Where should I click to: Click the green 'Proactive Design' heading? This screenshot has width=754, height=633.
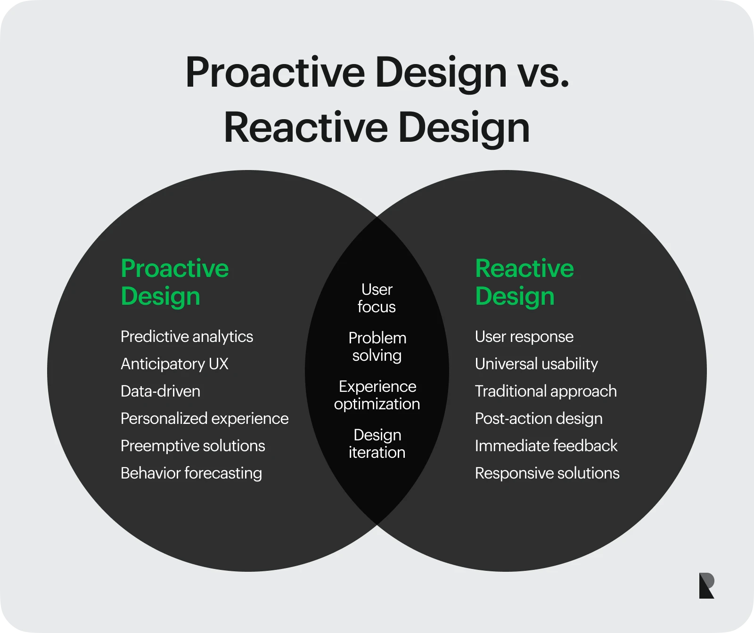click(x=175, y=283)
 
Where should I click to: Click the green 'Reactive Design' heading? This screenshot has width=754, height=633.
click(x=525, y=283)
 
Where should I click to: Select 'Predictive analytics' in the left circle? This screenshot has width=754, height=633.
click(x=187, y=337)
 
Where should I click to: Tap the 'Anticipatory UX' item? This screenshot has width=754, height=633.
click(x=174, y=364)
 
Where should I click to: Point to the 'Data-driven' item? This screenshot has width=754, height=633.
click(x=160, y=391)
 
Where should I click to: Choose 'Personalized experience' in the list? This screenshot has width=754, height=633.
click(x=205, y=419)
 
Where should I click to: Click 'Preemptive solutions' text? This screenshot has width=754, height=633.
click(x=193, y=446)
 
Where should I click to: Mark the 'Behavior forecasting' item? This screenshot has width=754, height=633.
click(x=191, y=473)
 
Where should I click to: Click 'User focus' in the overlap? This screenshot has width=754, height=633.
click(x=377, y=298)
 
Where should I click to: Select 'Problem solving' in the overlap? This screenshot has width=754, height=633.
click(x=377, y=347)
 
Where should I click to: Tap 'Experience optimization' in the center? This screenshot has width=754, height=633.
click(x=377, y=395)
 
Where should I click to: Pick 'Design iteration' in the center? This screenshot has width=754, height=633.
click(x=377, y=444)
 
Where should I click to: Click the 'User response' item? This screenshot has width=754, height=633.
click(x=524, y=337)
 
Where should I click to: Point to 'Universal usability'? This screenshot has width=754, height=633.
click(x=536, y=364)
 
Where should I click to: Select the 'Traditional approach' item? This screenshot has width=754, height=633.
click(x=546, y=391)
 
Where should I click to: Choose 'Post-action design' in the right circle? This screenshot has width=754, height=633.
click(x=539, y=419)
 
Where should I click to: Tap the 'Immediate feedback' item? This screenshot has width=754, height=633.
click(x=546, y=446)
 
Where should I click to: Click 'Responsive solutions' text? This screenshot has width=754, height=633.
click(x=547, y=473)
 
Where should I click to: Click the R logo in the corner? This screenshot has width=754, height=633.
click(x=706, y=585)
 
